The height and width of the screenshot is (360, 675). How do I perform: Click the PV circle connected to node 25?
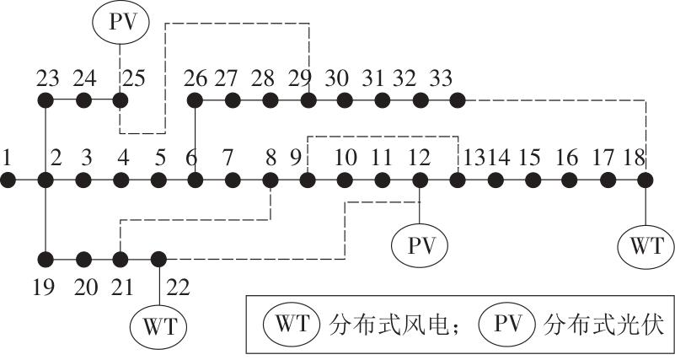coord(121,23)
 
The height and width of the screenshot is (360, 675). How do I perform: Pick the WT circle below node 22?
coord(158,324)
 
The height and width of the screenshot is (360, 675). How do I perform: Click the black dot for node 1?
coord(8,180)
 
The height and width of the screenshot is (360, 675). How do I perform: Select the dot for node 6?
coord(196,180)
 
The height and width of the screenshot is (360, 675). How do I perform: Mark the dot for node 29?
coord(308,100)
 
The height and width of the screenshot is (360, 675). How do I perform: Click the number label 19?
coord(44,287)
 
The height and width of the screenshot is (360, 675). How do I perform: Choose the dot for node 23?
coord(46,100)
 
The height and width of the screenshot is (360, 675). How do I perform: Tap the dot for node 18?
coord(646,180)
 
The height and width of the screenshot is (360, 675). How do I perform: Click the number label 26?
coord(196,78)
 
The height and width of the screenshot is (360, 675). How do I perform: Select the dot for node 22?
coord(158,258)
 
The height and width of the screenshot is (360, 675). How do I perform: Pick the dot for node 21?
coord(121,258)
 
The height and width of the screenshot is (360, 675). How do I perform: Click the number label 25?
coord(135,78)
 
